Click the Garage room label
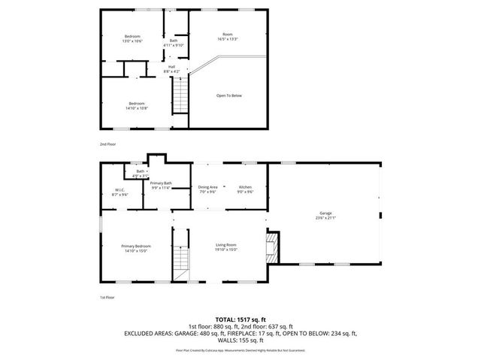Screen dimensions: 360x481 pyautogui.click(x=325, y=213)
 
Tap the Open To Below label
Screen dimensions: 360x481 pyautogui.click(x=229, y=95)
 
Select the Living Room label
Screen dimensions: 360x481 pyautogui.click(x=226, y=245)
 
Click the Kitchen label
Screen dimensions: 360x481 pyautogui.click(x=245, y=186)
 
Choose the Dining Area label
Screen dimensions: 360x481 pyautogui.click(x=208, y=186)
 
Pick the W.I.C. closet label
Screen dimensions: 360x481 pyautogui.click(x=119, y=189)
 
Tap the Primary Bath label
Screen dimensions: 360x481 pyautogui.click(x=161, y=183)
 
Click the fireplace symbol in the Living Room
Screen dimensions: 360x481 pyautogui.click(x=274, y=247)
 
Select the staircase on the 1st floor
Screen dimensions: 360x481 pyautogui.click(x=180, y=261)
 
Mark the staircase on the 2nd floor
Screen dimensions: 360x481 pyautogui.click(x=180, y=96)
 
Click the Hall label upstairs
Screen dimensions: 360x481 pyautogui.click(x=172, y=66)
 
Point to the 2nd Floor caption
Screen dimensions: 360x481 pyautogui.click(x=108, y=144)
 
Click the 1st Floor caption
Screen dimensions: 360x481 pyautogui.click(x=107, y=298)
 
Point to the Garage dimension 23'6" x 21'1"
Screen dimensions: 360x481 pyautogui.click(x=325, y=218)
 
